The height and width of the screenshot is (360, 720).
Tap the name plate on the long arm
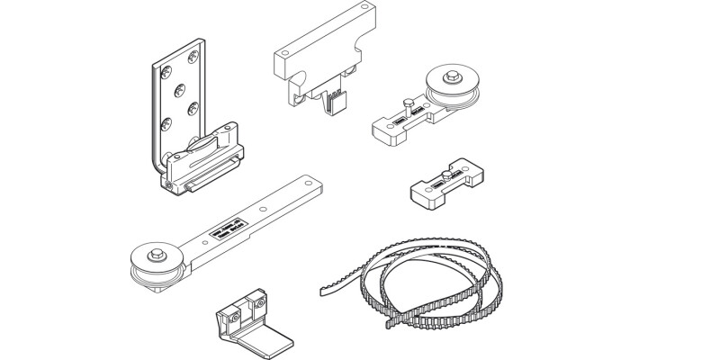pyautogui.click(x=226, y=231)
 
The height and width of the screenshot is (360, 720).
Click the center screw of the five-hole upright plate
pyautogui.click(x=178, y=89)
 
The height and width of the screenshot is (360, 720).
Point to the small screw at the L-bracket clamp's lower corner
pyautogui.click(x=170, y=184)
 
